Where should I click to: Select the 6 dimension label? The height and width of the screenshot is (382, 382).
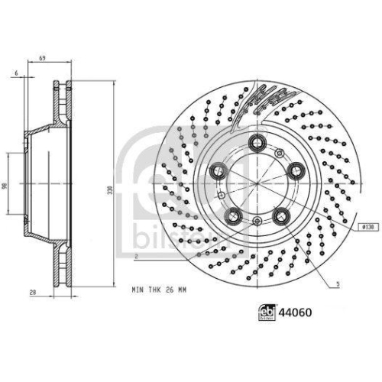pos(15,73)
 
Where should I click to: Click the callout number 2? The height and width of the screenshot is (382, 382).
pos(134,257)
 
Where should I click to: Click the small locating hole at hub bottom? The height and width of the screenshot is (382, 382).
pos(257,222)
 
